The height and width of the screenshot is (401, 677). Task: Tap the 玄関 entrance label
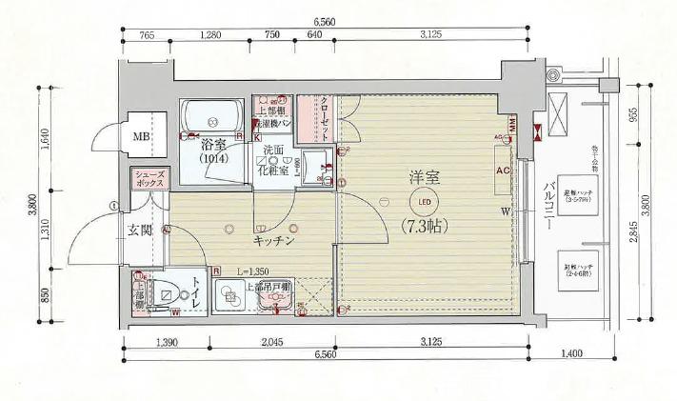pyautogui.click(x=141, y=230)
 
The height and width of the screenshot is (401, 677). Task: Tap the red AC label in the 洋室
pyautogui.click(x=503, y=170)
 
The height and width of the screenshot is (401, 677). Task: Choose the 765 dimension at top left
pyautogui.click(x=147, y=36)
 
